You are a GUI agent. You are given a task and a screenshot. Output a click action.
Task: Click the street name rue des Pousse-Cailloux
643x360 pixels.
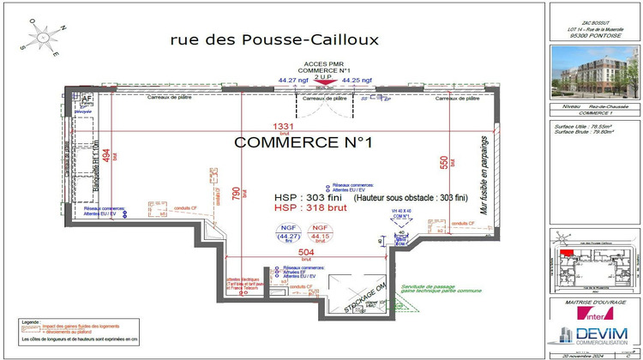[274, 39]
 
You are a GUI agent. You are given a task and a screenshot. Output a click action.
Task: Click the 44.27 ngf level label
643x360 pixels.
[292, 81]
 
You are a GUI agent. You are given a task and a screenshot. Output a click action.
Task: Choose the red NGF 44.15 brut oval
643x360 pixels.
[320, 233]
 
